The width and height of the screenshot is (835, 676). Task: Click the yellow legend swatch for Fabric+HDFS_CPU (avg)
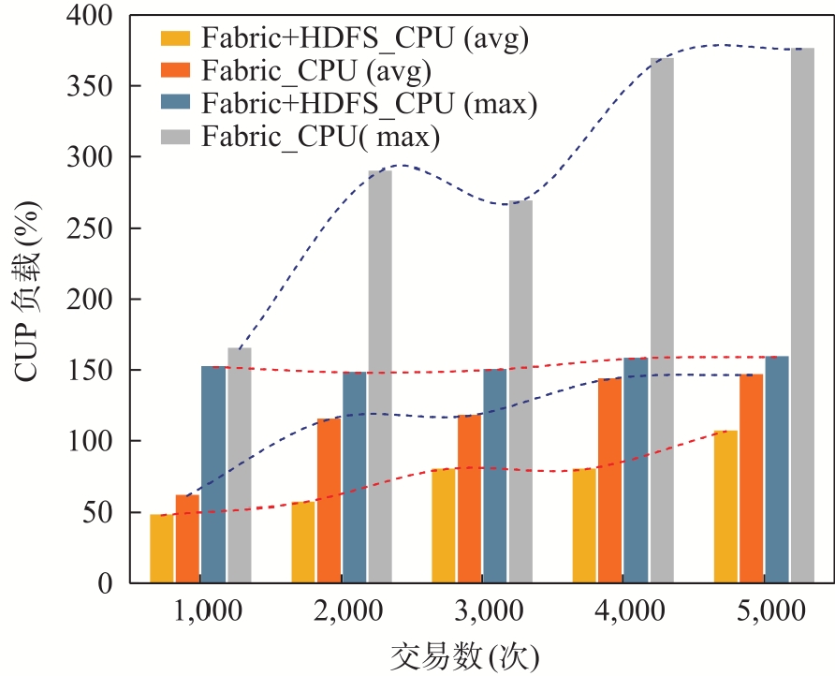point(175,38)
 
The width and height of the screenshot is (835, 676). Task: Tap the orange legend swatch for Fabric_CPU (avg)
point(175,71)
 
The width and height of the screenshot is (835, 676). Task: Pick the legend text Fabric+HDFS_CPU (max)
point(369,104)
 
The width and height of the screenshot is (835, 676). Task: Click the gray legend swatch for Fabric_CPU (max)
point(175,137)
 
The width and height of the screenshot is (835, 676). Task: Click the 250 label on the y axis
point(90,228)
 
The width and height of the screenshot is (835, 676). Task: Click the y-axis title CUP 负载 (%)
point(27,292)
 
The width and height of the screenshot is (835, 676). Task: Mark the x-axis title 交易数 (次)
point(465,658)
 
